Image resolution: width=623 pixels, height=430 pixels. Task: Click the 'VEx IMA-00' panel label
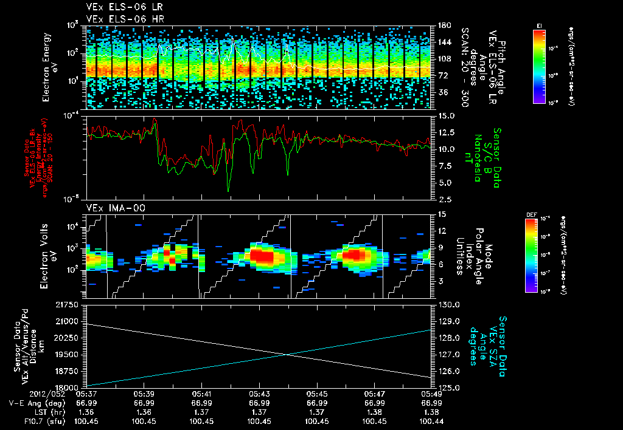(x=107, y=208)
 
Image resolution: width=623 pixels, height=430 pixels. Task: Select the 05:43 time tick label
(x=259, y=394)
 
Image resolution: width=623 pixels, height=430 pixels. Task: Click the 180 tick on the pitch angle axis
(x=440, y=26)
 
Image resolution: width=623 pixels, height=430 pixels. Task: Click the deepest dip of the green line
(x=229, y=191)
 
